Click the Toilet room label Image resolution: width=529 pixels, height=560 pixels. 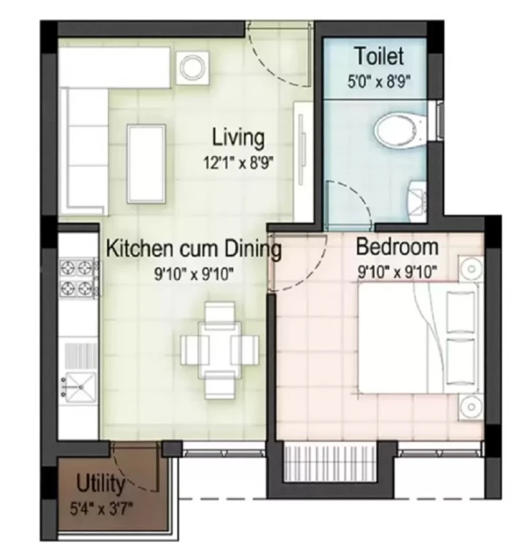click(x=380, y=56)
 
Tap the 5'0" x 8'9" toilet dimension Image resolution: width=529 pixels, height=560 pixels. click(x=379, y=82)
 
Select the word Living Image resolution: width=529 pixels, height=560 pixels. click(x=238, y=138)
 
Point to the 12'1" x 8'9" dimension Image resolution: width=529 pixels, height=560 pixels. click(x=238, y=163)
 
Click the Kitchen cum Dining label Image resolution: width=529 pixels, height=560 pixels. click(x=194, y=249)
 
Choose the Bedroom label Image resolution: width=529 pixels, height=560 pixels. click(x=397, y=246)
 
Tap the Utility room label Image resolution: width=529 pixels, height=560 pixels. click(x=101, y=484)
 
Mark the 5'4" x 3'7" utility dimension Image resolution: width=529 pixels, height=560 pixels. click(x=101, y=508)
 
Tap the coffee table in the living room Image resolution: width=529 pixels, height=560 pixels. click(x=146, y=164)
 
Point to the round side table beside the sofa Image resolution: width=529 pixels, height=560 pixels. click(x=193, y=68)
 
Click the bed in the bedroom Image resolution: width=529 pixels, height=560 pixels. click(x=418, y=338)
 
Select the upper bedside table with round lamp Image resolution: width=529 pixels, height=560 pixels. click(x=471, y=268)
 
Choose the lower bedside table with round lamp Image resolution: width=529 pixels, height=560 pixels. click(x=471, y=407)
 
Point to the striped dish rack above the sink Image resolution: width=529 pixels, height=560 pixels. click(x=80, y=356)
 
